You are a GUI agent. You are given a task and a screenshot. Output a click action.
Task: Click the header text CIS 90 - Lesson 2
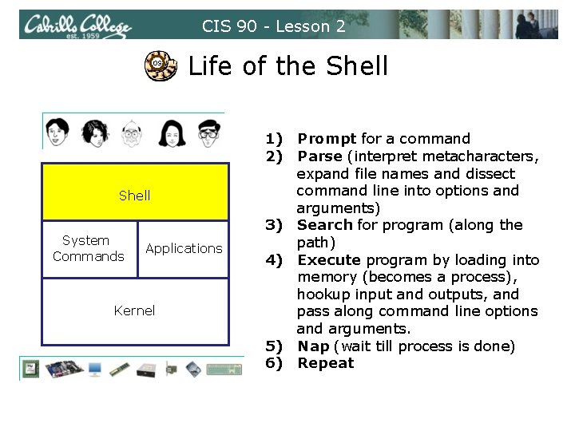(x=274, y=26)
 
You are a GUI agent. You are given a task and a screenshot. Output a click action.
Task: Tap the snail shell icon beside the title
(x=159, y=65)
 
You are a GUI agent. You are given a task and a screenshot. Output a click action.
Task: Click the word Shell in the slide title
(x=352, y=65)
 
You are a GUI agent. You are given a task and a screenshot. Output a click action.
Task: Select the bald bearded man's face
(x=130, y=131)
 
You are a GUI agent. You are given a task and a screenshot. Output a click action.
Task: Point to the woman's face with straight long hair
(x=169, y=131)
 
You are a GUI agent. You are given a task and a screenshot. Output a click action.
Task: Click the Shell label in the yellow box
(x=134, y=196)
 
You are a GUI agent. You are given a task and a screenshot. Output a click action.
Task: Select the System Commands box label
(x=87, y=248)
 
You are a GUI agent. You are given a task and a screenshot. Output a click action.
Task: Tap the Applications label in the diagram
(x=184, y=248)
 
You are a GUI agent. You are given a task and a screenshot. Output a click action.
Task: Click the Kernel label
(x=134, y=310)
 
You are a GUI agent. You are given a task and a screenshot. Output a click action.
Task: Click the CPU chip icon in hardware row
(x=33, y=368)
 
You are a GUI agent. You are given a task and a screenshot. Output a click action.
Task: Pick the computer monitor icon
(x=94, y=368)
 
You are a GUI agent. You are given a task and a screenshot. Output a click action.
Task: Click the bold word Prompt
(x=327, y=139)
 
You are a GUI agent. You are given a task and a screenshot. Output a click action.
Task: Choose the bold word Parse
(x=319, y=156)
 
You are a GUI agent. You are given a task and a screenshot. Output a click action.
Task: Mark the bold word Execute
(x=329, y=259)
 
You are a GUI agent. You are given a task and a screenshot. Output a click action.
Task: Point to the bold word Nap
(x=313, y=346)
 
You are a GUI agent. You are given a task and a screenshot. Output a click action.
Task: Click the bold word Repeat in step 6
(x=326, y=363)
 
